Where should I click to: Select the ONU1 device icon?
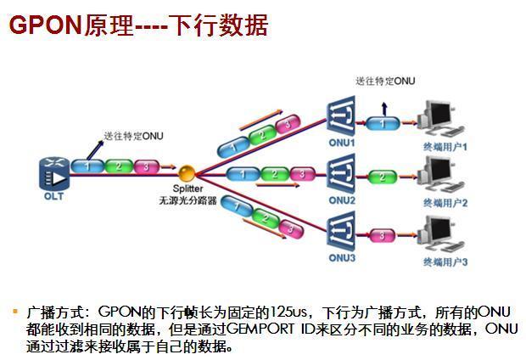click(341, 120)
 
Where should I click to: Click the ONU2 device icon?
click(341, 176)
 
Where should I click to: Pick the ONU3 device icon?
click(341, 233)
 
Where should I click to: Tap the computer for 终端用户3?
click(446, 233)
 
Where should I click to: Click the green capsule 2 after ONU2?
click(383, 177)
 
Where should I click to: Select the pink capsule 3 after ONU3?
click(383, 234)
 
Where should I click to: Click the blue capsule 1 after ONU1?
click(383, 124)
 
